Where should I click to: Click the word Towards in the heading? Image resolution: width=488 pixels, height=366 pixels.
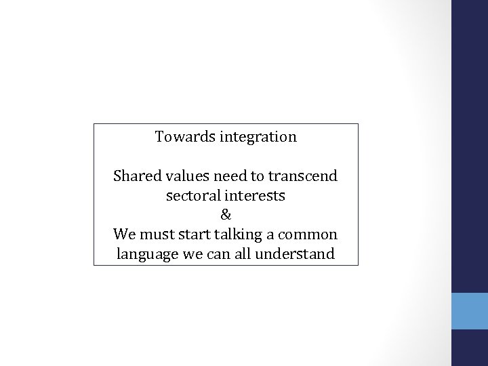click(x=180, y=137)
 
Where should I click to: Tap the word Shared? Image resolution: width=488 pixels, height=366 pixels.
click(x=134, y=177)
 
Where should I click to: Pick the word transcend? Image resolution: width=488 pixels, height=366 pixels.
click(x=302, y=177)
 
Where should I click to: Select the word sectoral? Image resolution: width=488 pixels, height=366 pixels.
click(x=191, y=197)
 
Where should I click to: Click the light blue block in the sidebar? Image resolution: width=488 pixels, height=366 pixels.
click(x=469, y=311)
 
